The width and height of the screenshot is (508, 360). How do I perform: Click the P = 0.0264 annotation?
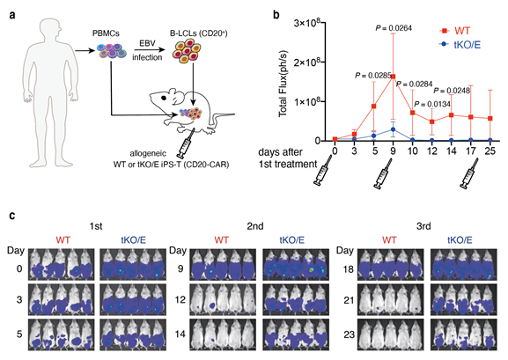click(394, 28)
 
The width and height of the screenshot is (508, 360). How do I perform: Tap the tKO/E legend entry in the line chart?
click(460, 44)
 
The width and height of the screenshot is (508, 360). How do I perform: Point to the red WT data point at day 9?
click(393, 77)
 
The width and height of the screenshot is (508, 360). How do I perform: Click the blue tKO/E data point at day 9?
click(393, 129)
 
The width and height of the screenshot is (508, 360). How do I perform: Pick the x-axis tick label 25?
click(490, 151)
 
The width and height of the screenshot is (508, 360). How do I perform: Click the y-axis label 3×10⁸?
click(307, 24)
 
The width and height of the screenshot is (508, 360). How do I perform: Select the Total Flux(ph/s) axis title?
click(283, 84)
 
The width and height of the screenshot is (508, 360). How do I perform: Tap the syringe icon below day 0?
click(322, 171)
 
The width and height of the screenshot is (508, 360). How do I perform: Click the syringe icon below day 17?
click(470, 173)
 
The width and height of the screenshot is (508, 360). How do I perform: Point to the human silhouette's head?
click(50, 28)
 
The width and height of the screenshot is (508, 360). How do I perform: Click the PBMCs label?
click(106, 33)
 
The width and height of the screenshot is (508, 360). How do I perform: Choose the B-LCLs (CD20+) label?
click(199, 33)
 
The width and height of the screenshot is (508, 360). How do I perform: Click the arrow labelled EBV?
click(149, 50)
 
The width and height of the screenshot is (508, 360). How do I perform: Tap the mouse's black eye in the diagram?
click(164, 97)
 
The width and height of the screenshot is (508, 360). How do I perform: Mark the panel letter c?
click(12, 216)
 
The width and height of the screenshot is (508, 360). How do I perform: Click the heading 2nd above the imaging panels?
click(255, 226)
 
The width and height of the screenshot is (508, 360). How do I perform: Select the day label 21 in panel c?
click(348, 300)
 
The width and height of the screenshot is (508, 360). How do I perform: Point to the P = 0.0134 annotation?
click(432, 105)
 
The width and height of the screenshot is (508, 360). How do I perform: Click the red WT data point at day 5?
click(373, 107)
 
